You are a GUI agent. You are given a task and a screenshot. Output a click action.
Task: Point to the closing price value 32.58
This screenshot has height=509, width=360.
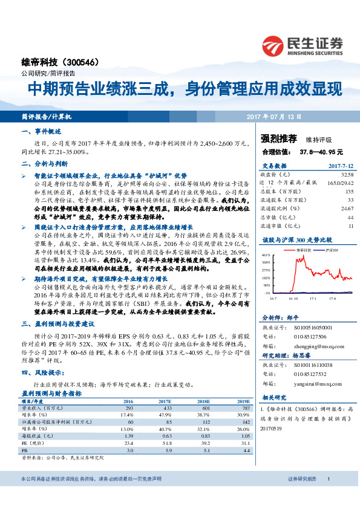(x=347, y=173)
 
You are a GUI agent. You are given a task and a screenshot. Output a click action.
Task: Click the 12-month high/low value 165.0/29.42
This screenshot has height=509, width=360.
(x=341, y=181)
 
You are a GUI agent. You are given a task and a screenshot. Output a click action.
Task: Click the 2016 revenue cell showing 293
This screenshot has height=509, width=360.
(x=129, y=408)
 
